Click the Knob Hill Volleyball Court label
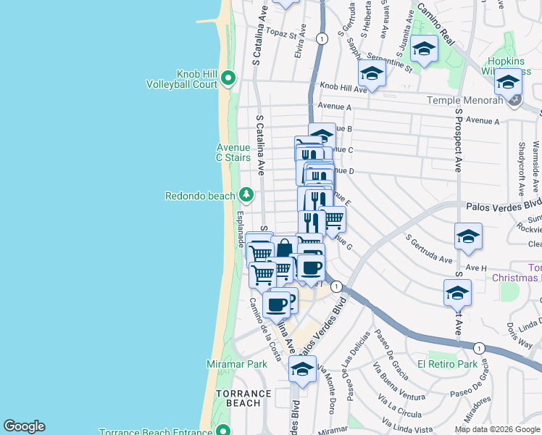(186, 78)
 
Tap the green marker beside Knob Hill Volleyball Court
(228, 78)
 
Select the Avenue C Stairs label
(233, 152)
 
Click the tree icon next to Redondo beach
(246, 195)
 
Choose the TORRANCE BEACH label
(243, 398)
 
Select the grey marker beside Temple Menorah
(514, 100)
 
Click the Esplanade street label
(239, 228)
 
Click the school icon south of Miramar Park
(302, 369)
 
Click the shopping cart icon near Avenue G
(332, 218)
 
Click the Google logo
(24, 426)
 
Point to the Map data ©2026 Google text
(497, 429)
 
